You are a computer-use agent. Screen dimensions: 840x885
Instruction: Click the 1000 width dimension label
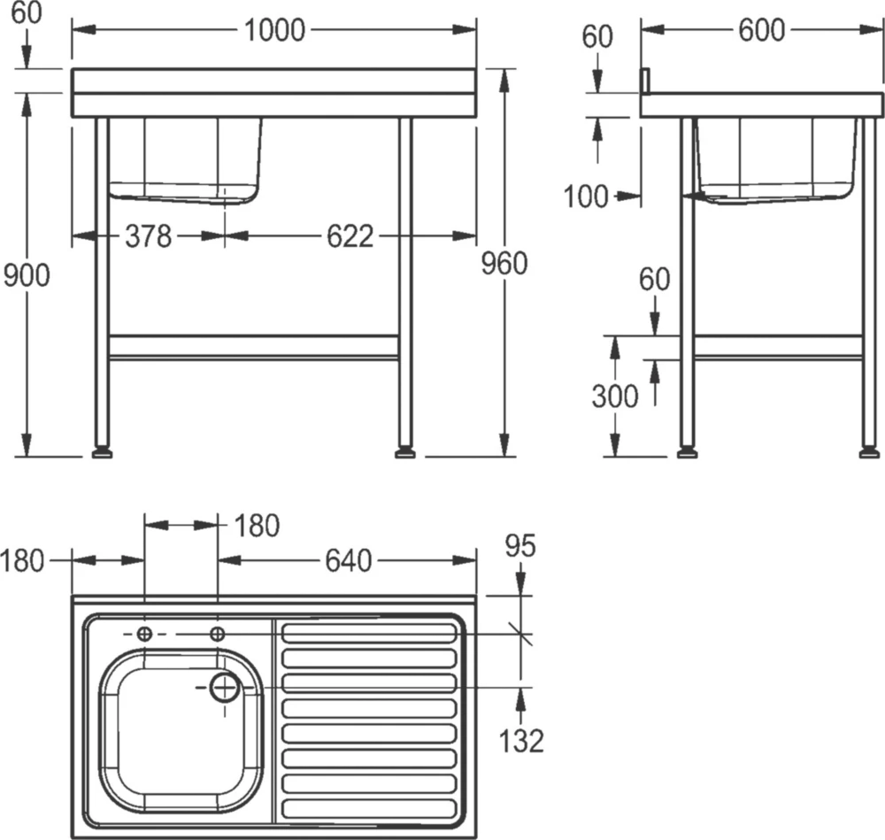click(x=274, y=30)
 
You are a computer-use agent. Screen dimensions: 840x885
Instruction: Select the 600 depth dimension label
click(x=761, y=30)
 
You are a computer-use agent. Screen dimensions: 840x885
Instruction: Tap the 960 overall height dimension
click(x=504, y=263)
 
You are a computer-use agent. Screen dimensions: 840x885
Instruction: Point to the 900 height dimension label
click(x=27, y=275)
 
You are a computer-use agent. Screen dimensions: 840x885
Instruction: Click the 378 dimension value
click(x=148, y=236)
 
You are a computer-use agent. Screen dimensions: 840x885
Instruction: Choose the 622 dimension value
click(x=350, y=236)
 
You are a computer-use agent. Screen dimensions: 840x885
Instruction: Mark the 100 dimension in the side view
click(x=586, y=197)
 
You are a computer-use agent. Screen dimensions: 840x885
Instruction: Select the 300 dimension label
click(x=614, y=396)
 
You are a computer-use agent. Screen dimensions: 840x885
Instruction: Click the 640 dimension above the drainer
click(x=347, y=560)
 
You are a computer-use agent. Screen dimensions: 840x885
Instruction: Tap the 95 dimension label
click(x=520, y=546)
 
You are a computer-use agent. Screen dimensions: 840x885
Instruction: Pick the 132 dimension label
click(x=520, y=740)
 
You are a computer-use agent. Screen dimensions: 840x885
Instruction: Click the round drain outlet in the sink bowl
click(x=226, y=686)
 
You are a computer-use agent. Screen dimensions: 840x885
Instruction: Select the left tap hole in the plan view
click(x=145, y=634)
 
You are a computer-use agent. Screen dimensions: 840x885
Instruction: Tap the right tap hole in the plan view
click(x=218, y=634)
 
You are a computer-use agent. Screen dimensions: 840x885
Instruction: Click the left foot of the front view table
click(x=103, y=453)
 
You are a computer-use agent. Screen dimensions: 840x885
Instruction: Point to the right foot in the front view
click(x=406, y=453)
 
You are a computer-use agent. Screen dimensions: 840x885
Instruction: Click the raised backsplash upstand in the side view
click(x=646, y=80)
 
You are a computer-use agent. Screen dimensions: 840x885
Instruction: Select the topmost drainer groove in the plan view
click(x=368, y=633)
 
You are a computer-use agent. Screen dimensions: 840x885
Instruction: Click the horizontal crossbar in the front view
click(x=253, y=347)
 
